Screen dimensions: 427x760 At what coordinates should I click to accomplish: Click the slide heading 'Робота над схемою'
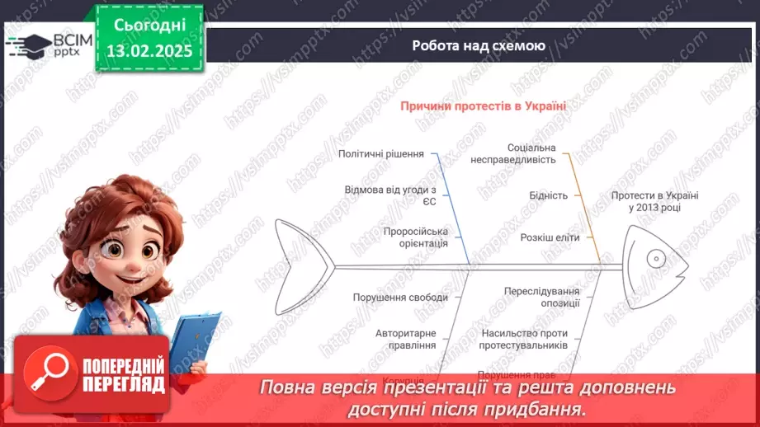pyautogui.click(x=479, y=46)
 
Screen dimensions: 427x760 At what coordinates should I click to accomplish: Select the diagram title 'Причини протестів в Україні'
pyautogui.click(x=484, y=106)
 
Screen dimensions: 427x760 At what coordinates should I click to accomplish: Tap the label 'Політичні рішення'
pyautogui.click(x=381, y=153)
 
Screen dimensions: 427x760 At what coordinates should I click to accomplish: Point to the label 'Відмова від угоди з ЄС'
pyautogui.click(x=390, y=195)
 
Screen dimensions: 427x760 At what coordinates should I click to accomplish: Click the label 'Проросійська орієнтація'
pyautogui.click(x=416, y=237)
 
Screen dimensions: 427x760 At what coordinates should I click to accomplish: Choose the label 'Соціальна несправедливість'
pyautogui.click(x=513, y=153)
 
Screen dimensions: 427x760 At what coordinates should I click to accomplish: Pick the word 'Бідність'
pyautogui.click(x=548, y=195)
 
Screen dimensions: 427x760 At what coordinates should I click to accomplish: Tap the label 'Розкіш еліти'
pyautogui.click(x=550, y=237)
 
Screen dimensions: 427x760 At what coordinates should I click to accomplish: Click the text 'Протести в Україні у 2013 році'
pyautogui.click(x=654, y=201)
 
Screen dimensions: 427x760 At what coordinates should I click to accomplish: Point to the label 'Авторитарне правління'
pyautogui.click(x=405, y=339)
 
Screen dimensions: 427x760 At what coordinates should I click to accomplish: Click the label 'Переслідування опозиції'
pyautogui.click(x=541, y=297)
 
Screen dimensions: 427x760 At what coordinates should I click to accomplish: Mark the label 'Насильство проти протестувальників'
pyautogui.click(x=523, y=339)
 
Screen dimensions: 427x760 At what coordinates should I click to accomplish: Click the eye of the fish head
pyautogui.click(x=656, y=258)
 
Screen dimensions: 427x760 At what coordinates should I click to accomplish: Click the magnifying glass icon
pyautogui.click(x=46, y=370)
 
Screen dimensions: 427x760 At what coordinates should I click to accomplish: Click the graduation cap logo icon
pyautogui.click(x=29, y=44)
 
